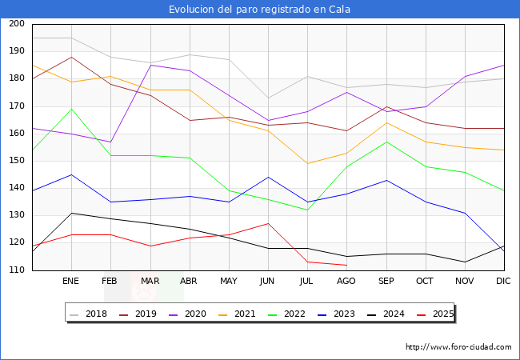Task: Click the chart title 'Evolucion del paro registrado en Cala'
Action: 260,10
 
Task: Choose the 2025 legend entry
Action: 442,314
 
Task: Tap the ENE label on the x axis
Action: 71,282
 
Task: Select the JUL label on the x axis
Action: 307,282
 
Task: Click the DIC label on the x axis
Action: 503,282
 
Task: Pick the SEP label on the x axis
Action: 386,282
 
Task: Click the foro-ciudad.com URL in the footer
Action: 458,347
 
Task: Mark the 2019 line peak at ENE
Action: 72,57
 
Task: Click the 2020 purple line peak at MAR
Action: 150,65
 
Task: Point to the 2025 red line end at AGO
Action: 346,265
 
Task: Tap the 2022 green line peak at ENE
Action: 72,109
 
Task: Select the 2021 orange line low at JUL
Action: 307,163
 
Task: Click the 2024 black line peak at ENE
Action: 72,213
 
